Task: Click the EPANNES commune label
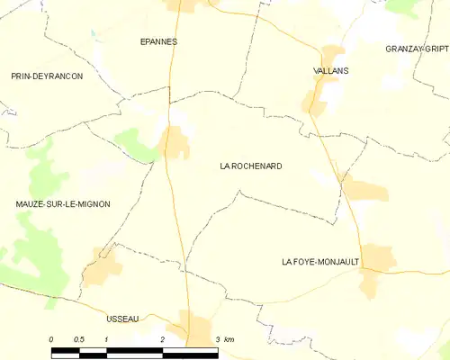158,41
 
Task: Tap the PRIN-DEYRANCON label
47,76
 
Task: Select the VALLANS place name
331,70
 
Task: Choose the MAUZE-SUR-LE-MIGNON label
63,204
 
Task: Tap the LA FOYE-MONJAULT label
320,262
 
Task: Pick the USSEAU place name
121,319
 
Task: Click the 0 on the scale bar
51,338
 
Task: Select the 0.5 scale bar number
79,338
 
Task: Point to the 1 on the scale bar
106,338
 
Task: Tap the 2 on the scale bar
162,338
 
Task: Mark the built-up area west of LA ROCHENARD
175,142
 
